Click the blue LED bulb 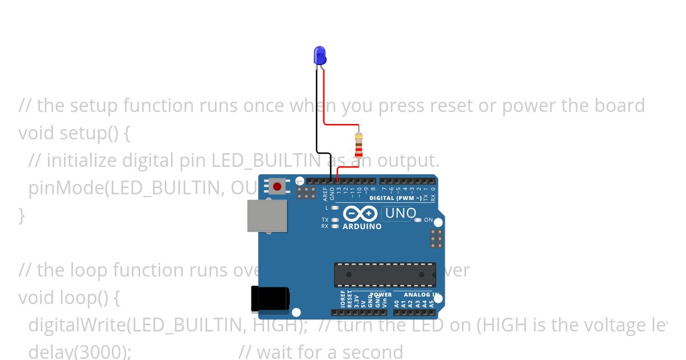click(x=320, y=55)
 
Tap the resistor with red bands click(x=358, y=145)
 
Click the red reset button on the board click(x=278, y=186)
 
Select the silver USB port click(x=267, y=215)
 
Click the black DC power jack click(x=270, y=299)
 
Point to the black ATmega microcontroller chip click(x=385, y=275)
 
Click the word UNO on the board click(x=401, y=214)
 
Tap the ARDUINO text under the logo click(x=362, y=227)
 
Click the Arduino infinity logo click(x=361, y=214)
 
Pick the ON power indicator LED click(x=418, y=220)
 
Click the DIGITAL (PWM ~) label click(x=396, y=198)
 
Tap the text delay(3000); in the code click(x=80, y=351)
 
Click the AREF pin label click(x=325, y=194)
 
